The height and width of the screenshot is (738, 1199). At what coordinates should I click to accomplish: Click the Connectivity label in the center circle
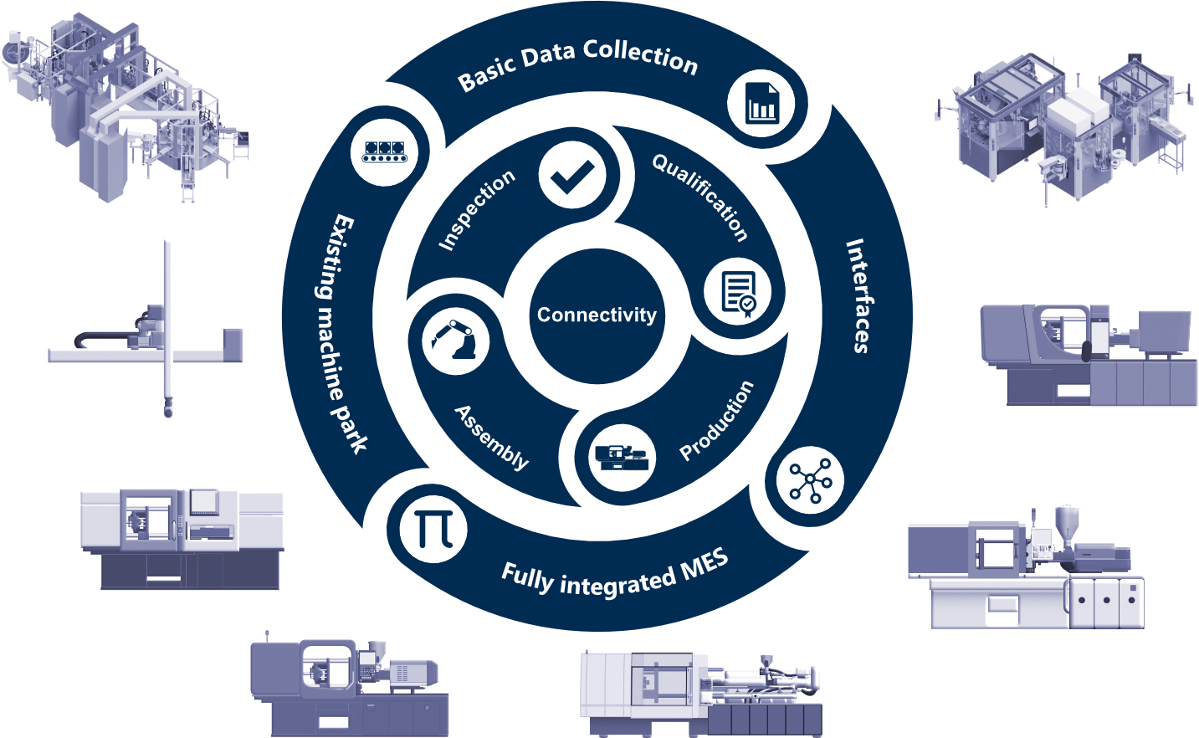coord(597,315)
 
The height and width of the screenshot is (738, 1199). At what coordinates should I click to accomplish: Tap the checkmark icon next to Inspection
coord(572,175)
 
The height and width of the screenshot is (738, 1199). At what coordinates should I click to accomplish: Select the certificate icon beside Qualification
coord(737,294)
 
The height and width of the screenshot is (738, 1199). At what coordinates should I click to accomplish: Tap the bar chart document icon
coord(761,104)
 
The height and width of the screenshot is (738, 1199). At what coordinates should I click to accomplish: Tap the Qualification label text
coord(700,197)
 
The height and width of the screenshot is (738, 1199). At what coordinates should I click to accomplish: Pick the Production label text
coord(716,421)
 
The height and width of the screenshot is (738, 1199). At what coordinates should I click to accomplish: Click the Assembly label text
coord(491,437)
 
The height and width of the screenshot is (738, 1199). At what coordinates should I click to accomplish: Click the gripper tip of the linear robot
coord(168,410)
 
